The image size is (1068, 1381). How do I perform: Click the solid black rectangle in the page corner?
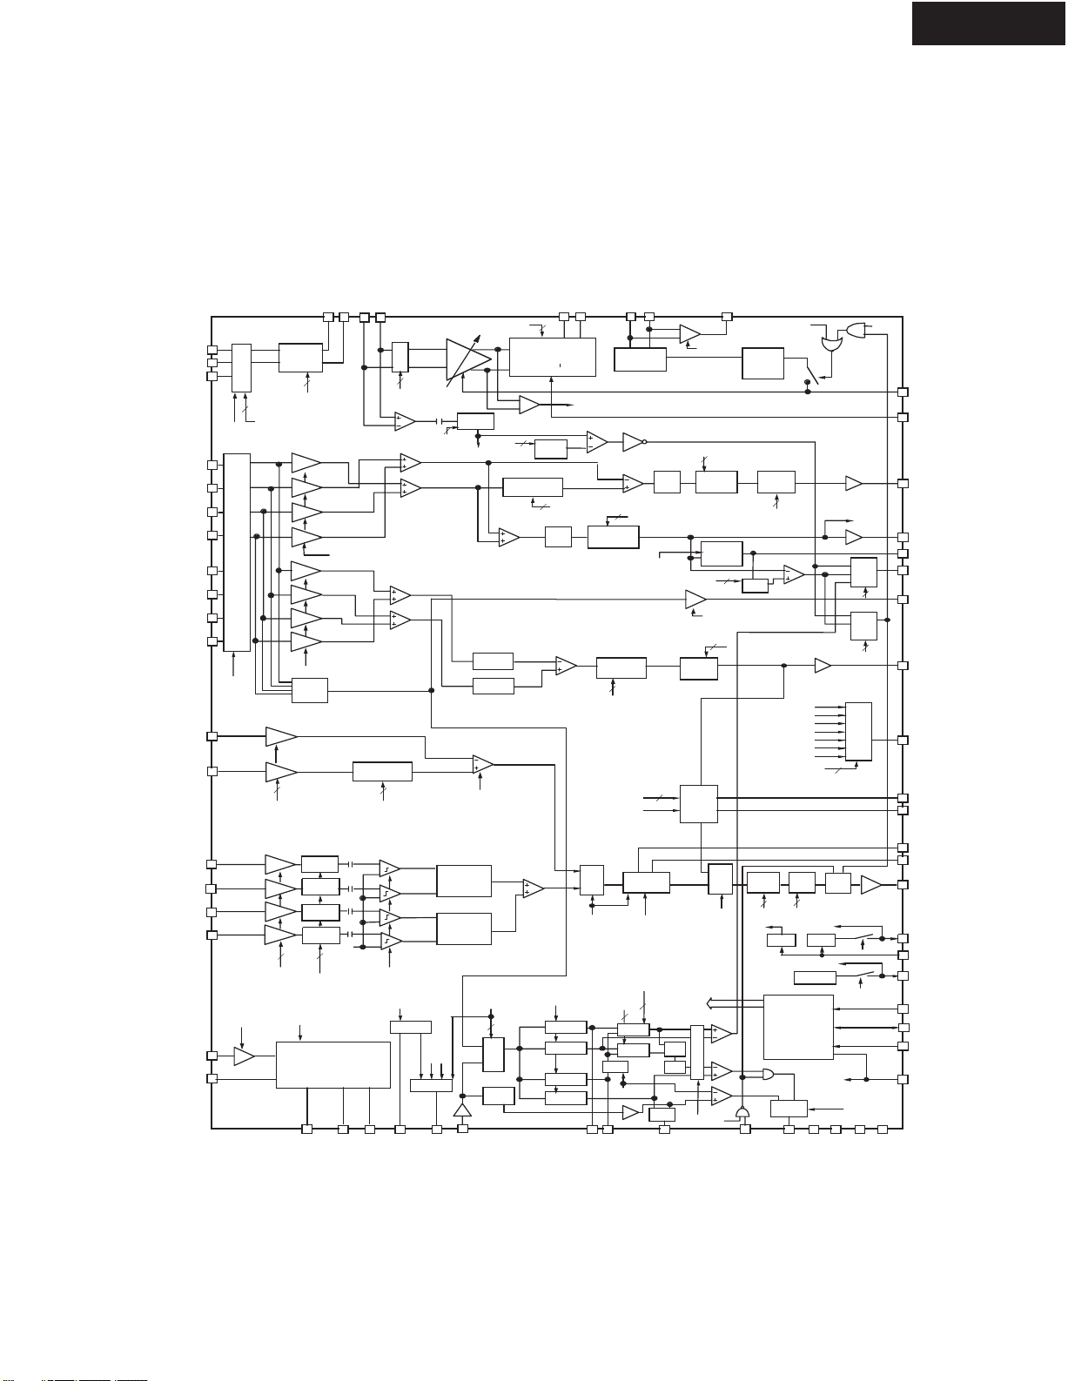tap(988, 23)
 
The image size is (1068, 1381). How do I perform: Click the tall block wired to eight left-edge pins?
tap(237, 552)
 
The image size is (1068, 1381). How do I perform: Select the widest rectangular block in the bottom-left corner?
tap(332, 1063)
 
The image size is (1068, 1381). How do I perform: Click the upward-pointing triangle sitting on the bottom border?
tap(462, 1110)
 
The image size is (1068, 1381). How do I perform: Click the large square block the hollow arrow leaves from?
tap(798, 1027)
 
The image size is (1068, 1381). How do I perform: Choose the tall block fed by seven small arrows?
tap(858, 732)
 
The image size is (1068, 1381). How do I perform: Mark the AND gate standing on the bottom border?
tap(742, 1114)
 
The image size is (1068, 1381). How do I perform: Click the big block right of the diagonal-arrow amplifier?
tap(552, 357)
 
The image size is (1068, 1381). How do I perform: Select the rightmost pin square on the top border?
tap(728, 316)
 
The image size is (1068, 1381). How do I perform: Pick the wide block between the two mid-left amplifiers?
tap(382, 772)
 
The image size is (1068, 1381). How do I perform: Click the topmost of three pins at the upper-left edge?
tap(212, 350)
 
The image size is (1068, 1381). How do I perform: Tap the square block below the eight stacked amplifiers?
tap(310, 690)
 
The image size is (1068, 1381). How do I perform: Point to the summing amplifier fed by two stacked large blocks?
tap(533, 888)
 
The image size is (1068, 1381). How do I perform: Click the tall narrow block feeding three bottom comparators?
tap(696, 1052)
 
